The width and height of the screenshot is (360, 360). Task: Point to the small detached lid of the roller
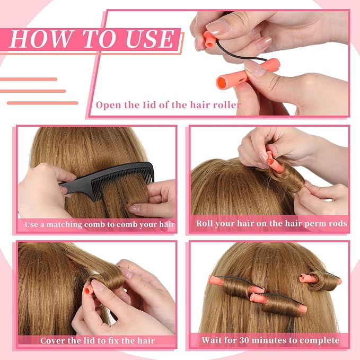click(x=209, y=39)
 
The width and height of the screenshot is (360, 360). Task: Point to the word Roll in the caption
click(x=204, y=223)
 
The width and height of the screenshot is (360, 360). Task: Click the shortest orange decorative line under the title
click(x=29, y=79)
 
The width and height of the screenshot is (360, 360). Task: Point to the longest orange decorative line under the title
click(x=42, y=103)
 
